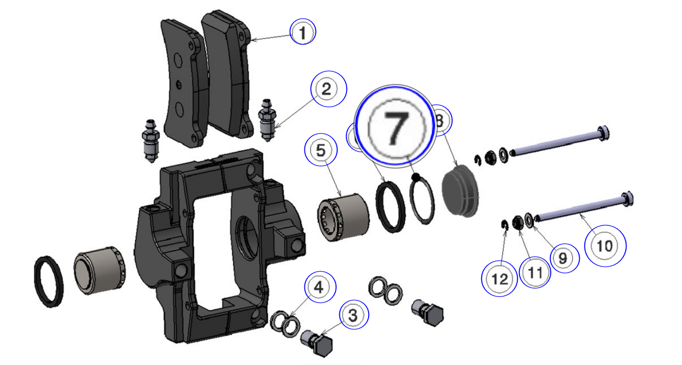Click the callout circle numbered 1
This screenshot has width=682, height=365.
303,32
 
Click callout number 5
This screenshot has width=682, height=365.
321,150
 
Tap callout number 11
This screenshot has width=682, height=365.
535,272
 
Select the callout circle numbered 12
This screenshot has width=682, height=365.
499,279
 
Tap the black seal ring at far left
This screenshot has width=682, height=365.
49,281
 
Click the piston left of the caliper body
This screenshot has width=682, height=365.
100,270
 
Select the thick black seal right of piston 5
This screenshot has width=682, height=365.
390,206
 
